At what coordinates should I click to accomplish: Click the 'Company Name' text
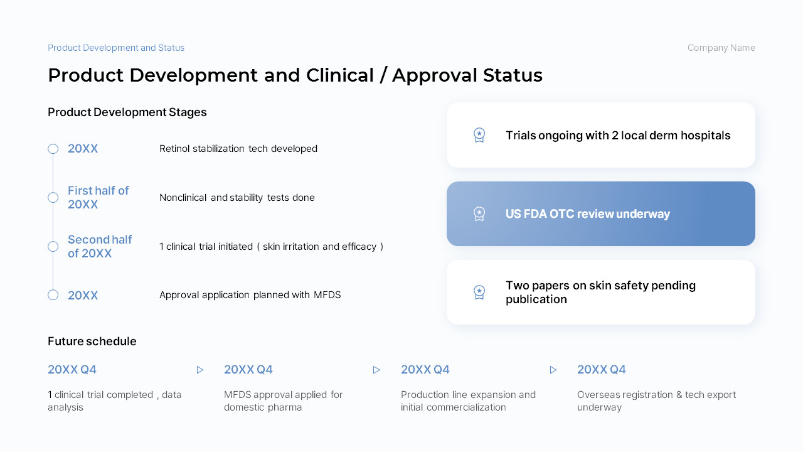coord(721,48)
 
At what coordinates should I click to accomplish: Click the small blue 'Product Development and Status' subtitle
coord(116,48)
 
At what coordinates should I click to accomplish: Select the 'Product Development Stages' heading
coord(127,112)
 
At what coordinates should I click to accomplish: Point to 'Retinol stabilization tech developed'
coord(238,149)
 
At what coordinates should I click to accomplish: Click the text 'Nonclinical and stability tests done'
coord(237,198)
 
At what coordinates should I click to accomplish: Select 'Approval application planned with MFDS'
coord(250,295)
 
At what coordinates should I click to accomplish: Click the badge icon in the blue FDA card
coord(479,214)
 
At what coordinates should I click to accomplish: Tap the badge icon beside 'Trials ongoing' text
coord(479,135)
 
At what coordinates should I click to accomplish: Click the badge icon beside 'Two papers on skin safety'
coord(479,293)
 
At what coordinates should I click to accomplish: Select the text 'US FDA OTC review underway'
coord(588,214)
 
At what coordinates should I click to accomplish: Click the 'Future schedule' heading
coord(92,341)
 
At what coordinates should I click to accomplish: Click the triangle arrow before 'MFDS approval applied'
coord(200,370)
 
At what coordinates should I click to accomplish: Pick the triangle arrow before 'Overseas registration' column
coord(553,370)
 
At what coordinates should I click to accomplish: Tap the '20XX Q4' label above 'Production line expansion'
coord(425,370)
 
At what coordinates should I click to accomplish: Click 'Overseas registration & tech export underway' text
coord(656,401)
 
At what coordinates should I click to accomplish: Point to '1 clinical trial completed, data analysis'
coord(115,401)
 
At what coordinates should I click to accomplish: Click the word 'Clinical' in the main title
coord(340,75)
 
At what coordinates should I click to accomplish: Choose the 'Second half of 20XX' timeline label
coord(100,247)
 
